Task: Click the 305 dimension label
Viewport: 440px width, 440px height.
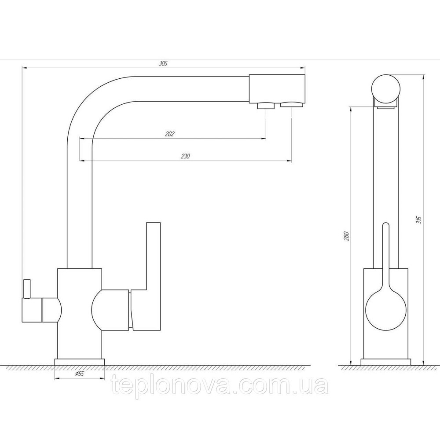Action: click(163, 63)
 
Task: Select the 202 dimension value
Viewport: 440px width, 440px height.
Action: click(170, 134)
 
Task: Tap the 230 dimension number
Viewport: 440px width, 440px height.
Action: click(185, 156)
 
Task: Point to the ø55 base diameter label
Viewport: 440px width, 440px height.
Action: click(80, 374)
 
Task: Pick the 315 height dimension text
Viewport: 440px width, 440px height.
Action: click(419, 220)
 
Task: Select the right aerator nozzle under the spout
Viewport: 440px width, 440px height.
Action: click(292, 105)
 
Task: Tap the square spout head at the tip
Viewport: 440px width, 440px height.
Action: click(277, 89)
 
